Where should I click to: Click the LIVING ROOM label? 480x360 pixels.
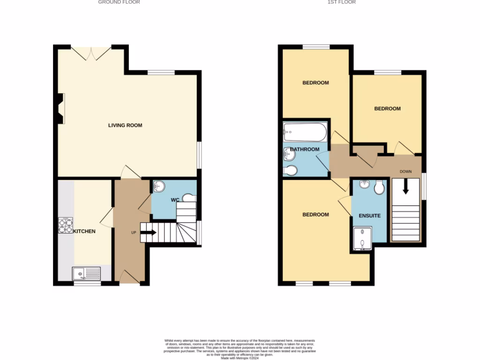(x=125, y=125)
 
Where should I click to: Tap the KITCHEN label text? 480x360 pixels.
(x=84, y=231)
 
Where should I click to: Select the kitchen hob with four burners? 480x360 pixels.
(x=64, y=225)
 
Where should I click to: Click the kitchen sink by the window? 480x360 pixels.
(x=86, y=273)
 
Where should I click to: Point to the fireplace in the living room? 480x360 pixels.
(x=60, y=108)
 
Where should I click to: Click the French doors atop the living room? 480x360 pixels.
(x=91, y=52)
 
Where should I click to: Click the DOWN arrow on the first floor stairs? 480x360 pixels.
(x=405, y=187)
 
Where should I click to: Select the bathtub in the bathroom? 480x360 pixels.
(x=305, y=132)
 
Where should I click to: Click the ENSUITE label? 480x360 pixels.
(x=369, y=216)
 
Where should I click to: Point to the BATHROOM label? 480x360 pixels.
(x=305, y=150)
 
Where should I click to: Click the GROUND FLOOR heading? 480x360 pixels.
(x=119, y=2)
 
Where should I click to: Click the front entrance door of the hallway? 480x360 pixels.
(x=130, y=277)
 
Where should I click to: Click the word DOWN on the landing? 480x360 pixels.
(x=405, y=172)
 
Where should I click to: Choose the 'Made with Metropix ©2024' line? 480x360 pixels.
(x=240, y=358)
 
